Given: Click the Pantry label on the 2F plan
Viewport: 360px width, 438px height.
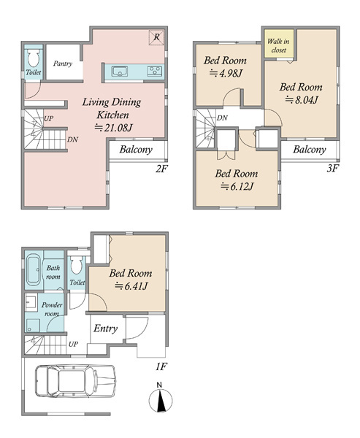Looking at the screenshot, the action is tap(63, 64).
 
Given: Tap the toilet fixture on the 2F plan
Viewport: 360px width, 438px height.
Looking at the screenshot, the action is tap(34, 58).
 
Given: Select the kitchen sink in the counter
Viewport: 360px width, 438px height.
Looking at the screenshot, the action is tap(120, 72).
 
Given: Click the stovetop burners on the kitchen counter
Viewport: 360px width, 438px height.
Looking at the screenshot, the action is tap(155, 71).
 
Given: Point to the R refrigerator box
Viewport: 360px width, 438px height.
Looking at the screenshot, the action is tap(156, 37).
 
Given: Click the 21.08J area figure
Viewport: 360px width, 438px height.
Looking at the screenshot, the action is tap(113, 128).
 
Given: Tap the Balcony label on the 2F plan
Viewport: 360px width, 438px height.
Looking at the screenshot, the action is tap(136, 150).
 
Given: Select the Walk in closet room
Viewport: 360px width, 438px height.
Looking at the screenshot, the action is tap(279, 44).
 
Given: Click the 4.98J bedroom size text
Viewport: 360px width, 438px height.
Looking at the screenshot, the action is tap(226, 74).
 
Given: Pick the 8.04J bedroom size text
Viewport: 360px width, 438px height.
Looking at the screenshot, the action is tap(302, 100).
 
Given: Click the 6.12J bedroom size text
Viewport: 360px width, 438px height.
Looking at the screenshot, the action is tap(237, 186).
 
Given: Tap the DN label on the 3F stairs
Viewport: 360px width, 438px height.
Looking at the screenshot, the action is tap(222, 118).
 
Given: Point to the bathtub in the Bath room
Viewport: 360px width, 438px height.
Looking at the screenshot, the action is tap(34, 269).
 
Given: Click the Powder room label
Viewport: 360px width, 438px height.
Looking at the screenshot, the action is tap(52, 309).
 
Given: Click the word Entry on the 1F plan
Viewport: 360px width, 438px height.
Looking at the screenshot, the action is tap(105, 328).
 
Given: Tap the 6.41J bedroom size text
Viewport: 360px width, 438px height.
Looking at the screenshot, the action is tap(131, 286).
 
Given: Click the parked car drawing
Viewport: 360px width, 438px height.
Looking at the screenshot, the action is tap(75, 381).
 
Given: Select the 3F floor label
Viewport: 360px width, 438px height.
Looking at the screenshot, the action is tap(332, 169).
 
